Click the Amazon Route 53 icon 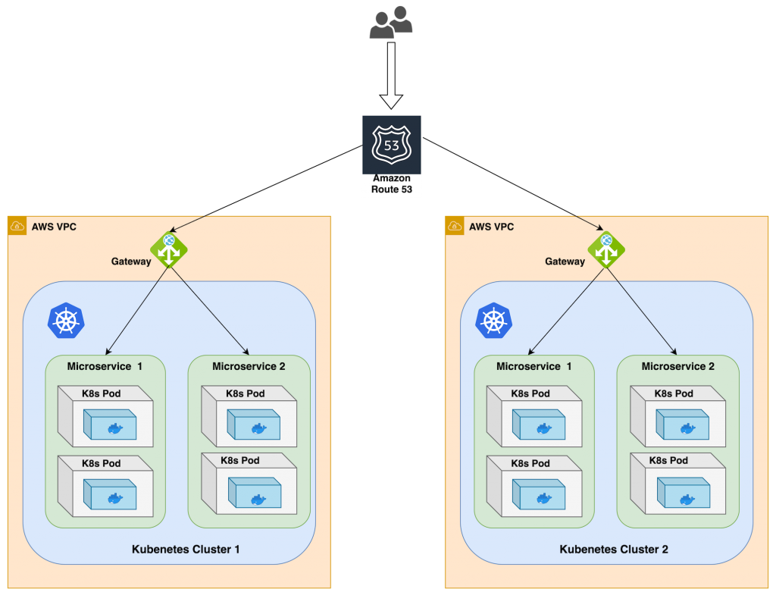[x=391, y=146]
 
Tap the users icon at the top [x=391, y=23]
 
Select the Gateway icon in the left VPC [x=168, y=249]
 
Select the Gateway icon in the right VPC [x=606, y=249]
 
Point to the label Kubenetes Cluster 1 [x=186, y=549]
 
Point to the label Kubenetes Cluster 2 [x=614, y=549]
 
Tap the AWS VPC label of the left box [x=54, y=226]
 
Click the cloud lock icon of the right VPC [x=455, y=226]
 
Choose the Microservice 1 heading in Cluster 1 [x=105, y=366]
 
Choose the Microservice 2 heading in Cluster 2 [x=677, y=366]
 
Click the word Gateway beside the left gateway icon [x=131, y=262]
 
